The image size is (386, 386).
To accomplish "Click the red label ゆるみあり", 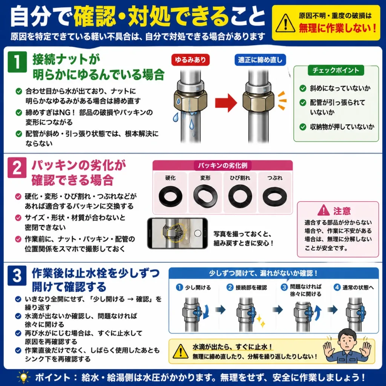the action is (x=190, y=60).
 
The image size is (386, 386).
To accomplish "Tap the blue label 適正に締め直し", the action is (x=260, y=60).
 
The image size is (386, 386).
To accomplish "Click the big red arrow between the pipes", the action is (x=226, y=103).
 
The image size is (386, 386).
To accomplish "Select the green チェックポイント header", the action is (x=336, y=70).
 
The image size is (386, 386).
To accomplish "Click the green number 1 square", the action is (x=17, y=62).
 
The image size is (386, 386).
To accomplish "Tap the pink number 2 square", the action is (x=17, y=168).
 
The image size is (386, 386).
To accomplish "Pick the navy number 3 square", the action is (x=17, y=276).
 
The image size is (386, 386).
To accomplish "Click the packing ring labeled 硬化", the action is (x=170, y=196).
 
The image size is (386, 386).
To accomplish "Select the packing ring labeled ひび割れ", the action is (x=240, y=196).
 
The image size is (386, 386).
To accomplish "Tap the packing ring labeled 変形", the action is (x=205, y=196).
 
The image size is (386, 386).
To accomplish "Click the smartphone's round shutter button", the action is (x=198, y=233).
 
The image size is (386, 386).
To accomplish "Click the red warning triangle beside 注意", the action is (x=323, y=210).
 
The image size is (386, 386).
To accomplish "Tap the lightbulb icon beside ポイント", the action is (x=23, y=377).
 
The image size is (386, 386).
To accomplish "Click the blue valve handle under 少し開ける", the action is (x=197, y=311).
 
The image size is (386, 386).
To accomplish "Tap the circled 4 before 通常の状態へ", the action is (x=337, y=287).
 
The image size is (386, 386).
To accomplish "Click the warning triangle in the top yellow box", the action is (x=285, y=23).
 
